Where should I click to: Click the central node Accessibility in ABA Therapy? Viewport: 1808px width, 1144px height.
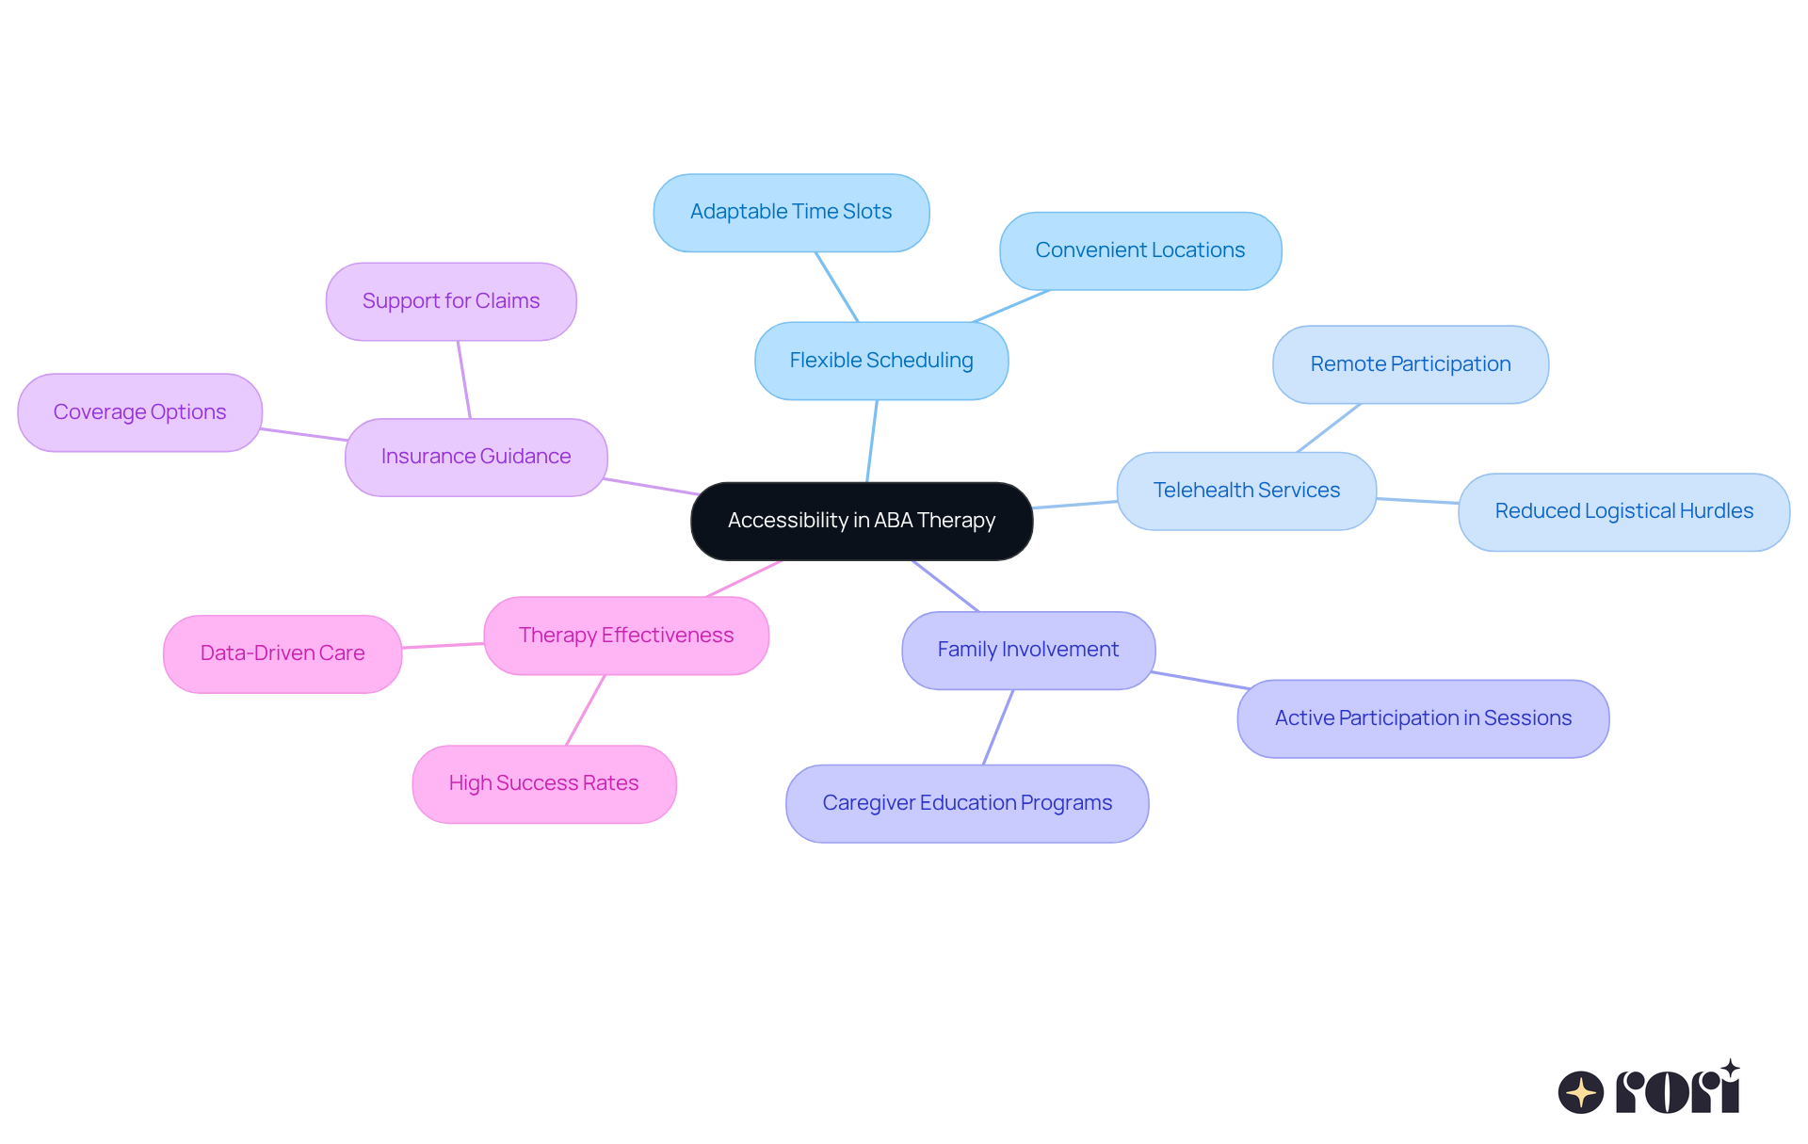click(x=862, y=521)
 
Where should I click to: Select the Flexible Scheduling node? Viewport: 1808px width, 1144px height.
click(x=881, y=361)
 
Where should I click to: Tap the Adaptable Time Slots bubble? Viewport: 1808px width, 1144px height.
click(x=791, y=212)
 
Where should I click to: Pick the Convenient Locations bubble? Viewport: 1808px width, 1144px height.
click(x=1139, y=250)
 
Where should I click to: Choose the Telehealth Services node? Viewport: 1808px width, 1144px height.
click(x=1246, y=491)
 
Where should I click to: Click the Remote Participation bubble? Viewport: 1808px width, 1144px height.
click(x=1410, y=364)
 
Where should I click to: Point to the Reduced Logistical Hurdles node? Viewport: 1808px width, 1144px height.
click(x=1623, y=511)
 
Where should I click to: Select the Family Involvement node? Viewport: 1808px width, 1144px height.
click(x=1027, y=650)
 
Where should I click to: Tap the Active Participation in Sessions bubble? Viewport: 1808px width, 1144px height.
click(x=1422, y=718)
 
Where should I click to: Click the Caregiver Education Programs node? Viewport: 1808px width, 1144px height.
click(x=967, y=803)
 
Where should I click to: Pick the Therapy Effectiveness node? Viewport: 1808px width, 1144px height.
click(x=625, y=636)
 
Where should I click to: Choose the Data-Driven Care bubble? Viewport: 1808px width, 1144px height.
click(x=282, y=653)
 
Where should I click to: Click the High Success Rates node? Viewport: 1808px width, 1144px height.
click(x=543, y=783)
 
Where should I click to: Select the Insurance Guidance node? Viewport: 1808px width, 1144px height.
click(x=476, y=457)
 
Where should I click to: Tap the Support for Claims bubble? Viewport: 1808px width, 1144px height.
click(x=451, y=301)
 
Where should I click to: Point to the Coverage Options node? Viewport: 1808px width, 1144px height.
click(x=139, y=412)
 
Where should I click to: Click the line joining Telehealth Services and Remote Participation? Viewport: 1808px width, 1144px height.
click(x=1329, y=427)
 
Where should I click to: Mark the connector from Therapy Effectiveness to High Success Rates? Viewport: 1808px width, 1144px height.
click(x=585, y=710)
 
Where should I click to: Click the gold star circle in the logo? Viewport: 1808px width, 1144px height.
click(x=1580, y=1092)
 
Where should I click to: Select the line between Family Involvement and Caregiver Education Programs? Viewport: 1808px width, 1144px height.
click(x=998, y=727)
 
